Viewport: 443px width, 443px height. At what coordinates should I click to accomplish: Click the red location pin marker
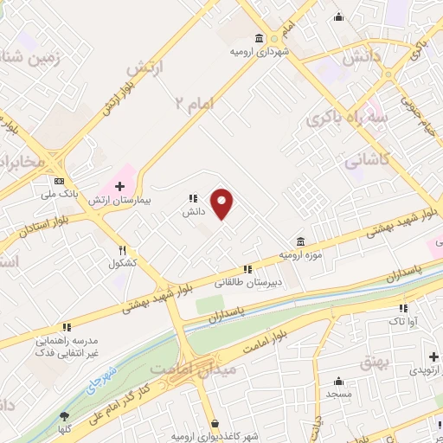pos(223,202)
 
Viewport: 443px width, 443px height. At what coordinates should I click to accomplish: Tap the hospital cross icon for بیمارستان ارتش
pos(119,186)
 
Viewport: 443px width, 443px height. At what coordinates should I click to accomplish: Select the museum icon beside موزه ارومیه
pos(299,241)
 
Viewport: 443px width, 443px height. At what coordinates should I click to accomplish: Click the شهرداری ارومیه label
pos(257,52)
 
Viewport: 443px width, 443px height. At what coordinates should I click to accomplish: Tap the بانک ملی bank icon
pos(59,182)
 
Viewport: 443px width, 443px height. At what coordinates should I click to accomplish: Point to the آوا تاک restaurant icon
pos(402,308)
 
